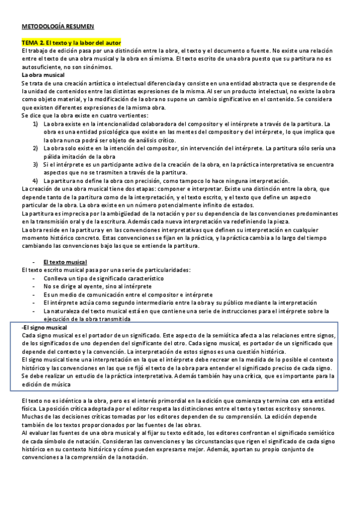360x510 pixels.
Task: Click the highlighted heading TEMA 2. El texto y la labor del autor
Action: [72, 43]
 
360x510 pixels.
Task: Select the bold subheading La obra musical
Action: [43, 75]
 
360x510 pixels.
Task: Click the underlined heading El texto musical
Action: [65, 262]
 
